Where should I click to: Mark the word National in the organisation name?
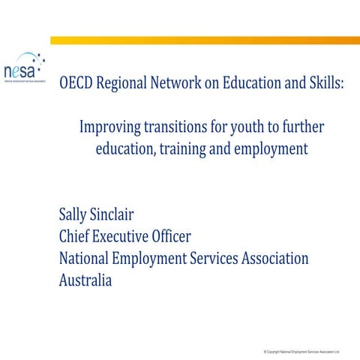click(87, 259)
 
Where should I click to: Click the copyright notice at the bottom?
click(301, 350)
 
